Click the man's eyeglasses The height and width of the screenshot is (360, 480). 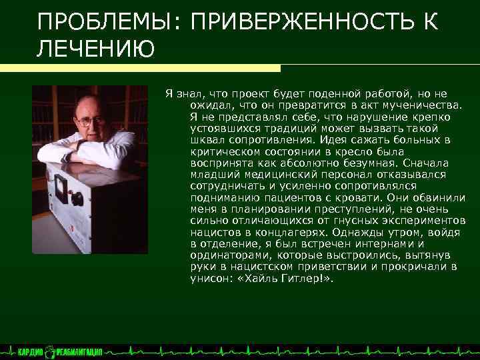(89, 121)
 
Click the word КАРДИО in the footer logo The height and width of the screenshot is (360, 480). (30, 352)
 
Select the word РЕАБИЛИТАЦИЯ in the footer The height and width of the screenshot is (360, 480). (79, 352)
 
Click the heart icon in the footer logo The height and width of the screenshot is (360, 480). (51, 352)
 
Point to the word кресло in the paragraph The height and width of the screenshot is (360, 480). (376, 151)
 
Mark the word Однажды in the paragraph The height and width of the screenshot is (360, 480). (379, 233)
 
